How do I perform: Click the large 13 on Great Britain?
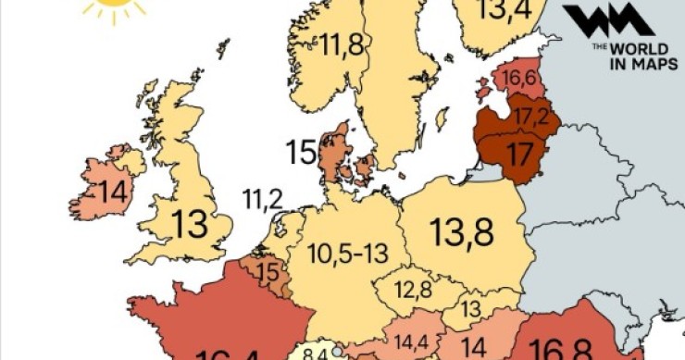[x=191, y=225]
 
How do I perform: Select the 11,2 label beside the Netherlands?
[x=263, y=197]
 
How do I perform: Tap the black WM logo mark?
[x=607, y=19]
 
